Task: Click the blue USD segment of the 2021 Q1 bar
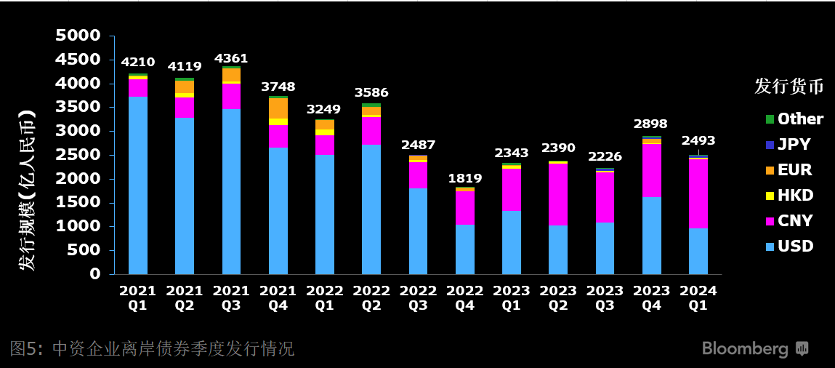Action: click(x=138, y=185)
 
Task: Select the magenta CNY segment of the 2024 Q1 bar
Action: click(x=698, y=194)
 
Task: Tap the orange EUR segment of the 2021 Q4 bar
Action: click(x=278, y=108)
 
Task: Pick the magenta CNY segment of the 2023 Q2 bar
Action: click(x=558, y=194)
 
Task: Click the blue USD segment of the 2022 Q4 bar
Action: click(x=465, y=249)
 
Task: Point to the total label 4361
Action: click(x=231, y=58)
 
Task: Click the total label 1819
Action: click(x=465, y=178)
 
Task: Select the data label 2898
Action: click(x=650, y=124)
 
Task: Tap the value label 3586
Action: click(x=371, y=92)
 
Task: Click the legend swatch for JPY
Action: click(x=770, y=144)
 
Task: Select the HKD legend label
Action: click(x=796, y=195)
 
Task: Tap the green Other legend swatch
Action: click(x=770, y=119)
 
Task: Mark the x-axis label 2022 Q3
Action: click(x=418, y=297)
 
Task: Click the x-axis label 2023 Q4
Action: click(x=651, y=297)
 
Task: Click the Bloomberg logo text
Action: click(x=745, y=349)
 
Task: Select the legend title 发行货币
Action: click(x=788, y=87)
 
